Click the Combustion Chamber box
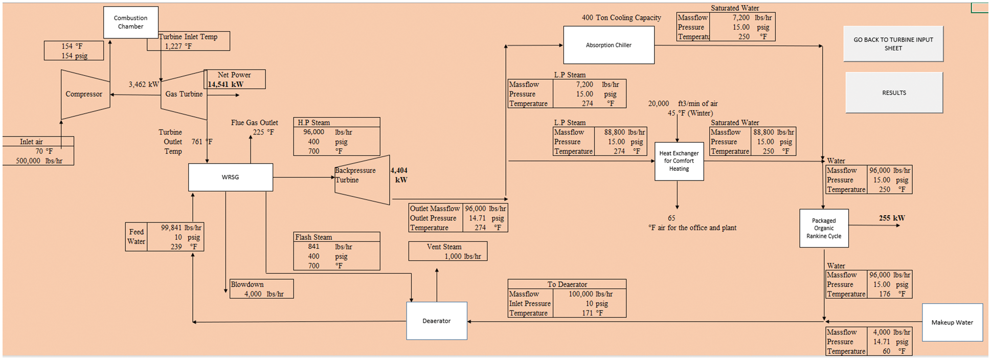point(130,22)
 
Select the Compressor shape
point(84,94)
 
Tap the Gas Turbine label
point(184,94)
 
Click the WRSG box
point(230,177)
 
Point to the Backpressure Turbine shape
point(362,179)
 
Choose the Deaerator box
point(436,321)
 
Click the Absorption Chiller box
point(609,45)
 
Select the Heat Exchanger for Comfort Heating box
point(679,161)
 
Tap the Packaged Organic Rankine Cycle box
point(823,228)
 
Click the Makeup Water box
point(952,322)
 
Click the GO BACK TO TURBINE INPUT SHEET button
point(893,44)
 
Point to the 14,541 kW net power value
point(226,84)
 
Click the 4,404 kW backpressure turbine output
point(399,175)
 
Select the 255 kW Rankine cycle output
point(892,218)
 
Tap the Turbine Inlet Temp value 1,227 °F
point(178,46)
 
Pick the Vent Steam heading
point(444,246)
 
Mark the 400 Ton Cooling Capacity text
point(621,18)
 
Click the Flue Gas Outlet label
point(254,123)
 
